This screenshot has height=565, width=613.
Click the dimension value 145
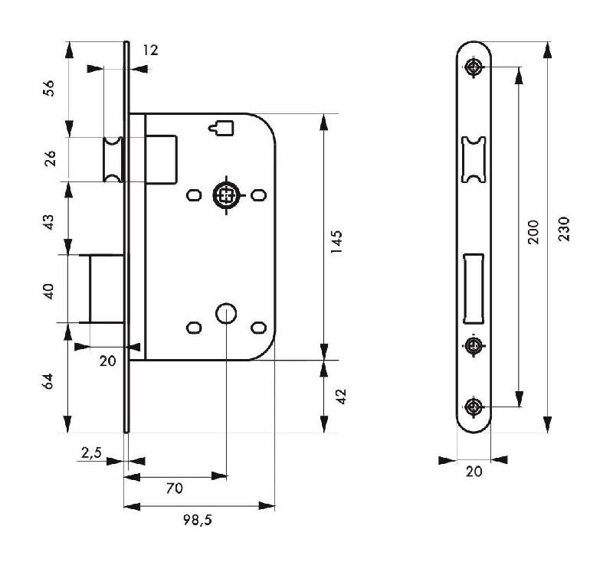point(337,240)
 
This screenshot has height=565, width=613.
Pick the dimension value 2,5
point(90,453)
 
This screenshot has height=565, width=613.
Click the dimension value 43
point(48,223)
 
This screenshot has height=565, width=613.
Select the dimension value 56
point(48,87)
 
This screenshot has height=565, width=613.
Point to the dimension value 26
point(48,159)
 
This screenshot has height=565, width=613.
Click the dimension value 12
point(150,51)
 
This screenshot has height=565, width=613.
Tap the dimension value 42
point(342,397)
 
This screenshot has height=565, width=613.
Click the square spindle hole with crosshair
point(225,195)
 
